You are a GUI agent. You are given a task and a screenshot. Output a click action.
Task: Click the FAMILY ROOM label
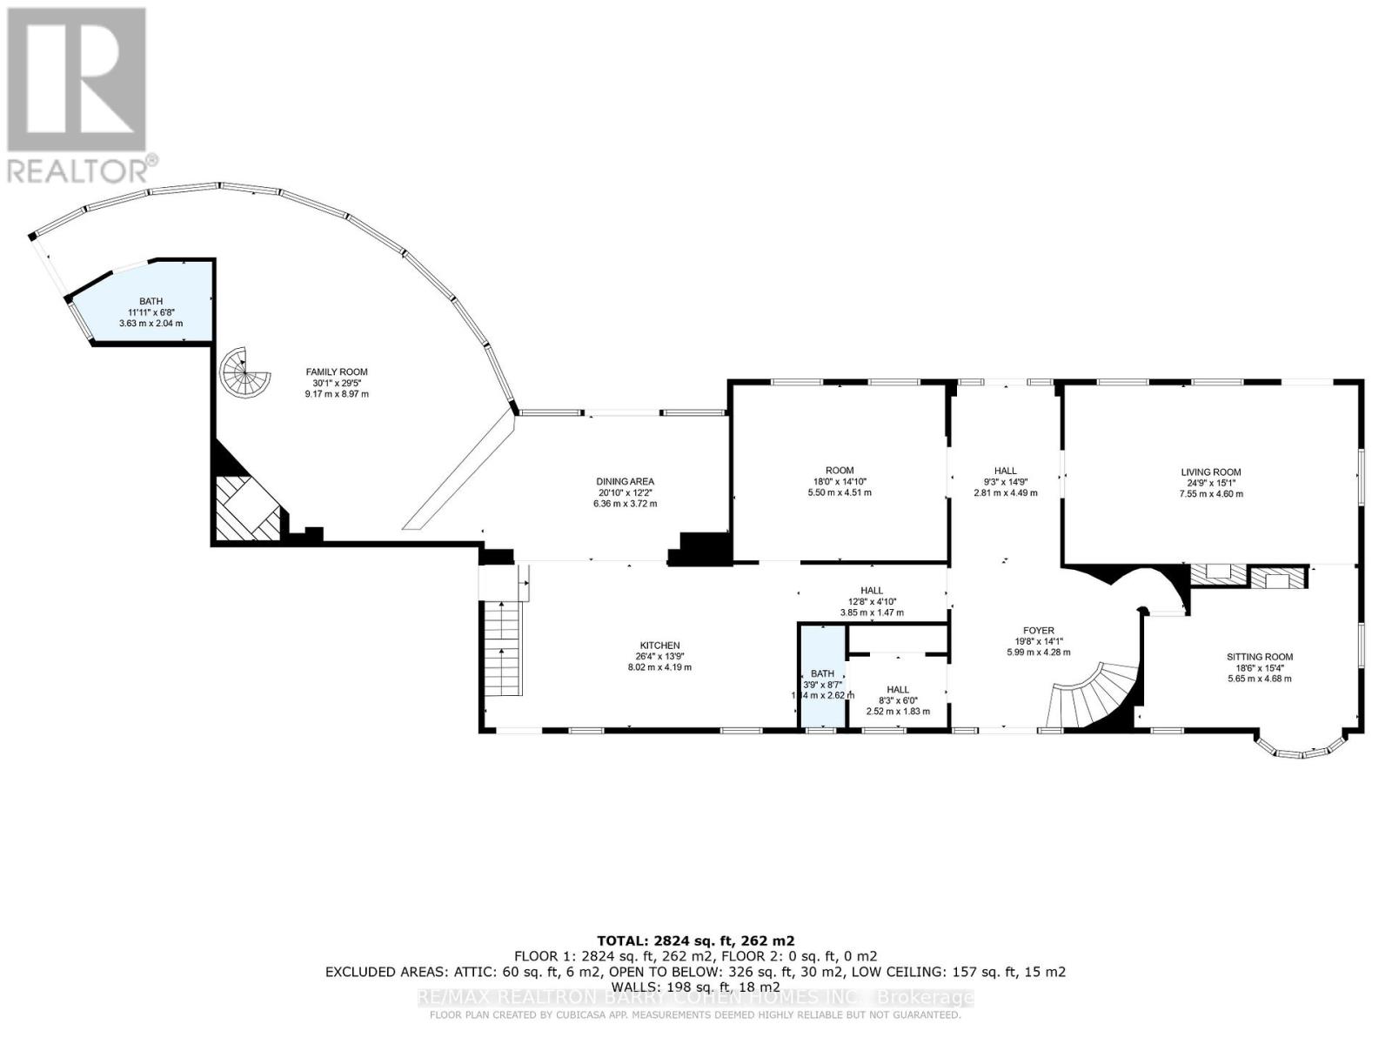336,371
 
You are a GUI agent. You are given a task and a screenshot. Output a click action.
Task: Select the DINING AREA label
625,481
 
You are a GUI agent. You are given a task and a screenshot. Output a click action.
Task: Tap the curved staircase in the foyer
1094,693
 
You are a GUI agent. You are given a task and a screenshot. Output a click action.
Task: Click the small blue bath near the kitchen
822,673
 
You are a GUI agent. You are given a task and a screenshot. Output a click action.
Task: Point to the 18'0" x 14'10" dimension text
839,481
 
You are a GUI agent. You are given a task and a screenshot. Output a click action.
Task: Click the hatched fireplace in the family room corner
248,510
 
